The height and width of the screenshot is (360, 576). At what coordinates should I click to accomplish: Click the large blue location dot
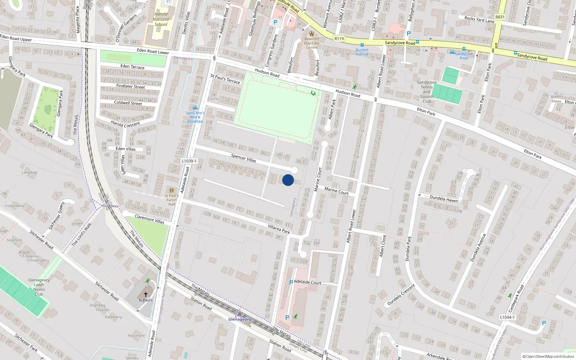(x=288, y=180)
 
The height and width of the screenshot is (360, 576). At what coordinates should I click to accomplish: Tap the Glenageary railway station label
(x=239, y=319)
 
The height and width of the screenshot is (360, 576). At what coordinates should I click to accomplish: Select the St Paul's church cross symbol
(x=146, y=294)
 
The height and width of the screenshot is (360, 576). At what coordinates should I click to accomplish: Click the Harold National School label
(x=161, y=19)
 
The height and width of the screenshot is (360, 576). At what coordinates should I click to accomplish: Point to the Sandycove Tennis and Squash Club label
(x=427, y=92)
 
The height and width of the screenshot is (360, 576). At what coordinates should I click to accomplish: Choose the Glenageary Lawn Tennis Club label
(x=39, y=287)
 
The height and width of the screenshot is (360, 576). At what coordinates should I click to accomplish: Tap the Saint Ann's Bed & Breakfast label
(x=195, y=117)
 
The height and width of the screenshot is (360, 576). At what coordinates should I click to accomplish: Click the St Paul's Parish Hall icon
(x=171, y=190)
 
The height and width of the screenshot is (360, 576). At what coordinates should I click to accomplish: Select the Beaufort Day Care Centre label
(x=312, y=43)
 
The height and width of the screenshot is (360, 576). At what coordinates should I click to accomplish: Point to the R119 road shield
(x=339, y=39)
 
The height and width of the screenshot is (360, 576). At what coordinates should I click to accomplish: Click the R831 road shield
(x=500, y=17)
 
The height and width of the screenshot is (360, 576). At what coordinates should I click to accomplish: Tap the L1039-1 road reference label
(x=189, y=161)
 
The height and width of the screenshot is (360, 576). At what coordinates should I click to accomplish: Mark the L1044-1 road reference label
(x=507, y=317)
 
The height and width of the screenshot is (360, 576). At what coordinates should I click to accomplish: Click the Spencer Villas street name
(x=244, y=158)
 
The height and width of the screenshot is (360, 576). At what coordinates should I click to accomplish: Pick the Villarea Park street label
(x=279, y=229)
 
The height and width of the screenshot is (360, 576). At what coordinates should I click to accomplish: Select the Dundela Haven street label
(x=444, y=199)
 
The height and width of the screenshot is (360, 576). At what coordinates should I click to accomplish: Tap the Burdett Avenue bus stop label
(x=362, y=52)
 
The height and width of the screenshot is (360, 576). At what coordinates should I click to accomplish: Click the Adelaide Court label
(x=308, y=282)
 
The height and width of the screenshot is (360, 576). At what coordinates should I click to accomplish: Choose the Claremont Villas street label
(x=149, y=219)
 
